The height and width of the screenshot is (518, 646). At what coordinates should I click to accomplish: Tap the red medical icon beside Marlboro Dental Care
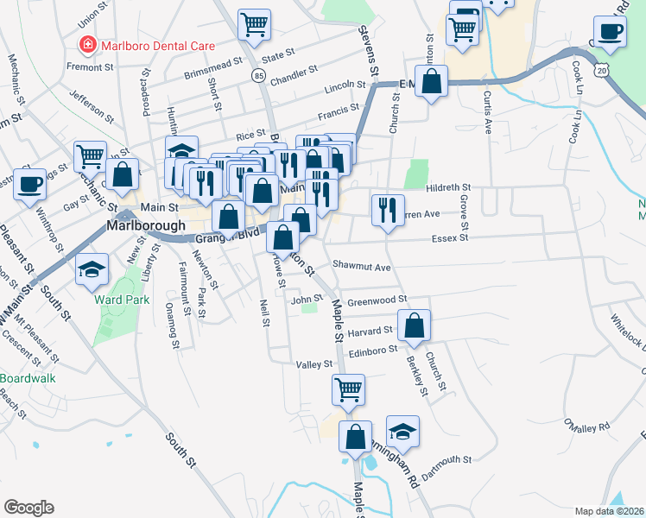[86, 43]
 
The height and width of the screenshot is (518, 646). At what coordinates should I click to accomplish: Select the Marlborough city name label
[146, 225]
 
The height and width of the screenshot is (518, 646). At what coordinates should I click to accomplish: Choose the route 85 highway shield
[258, 77]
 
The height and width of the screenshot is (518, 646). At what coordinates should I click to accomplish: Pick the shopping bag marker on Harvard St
[415, 325]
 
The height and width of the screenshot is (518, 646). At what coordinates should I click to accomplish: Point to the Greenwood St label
[377, 300]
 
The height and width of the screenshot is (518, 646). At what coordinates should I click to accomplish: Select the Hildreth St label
[448, 187]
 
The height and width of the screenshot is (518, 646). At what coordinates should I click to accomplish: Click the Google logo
[28, 508]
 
